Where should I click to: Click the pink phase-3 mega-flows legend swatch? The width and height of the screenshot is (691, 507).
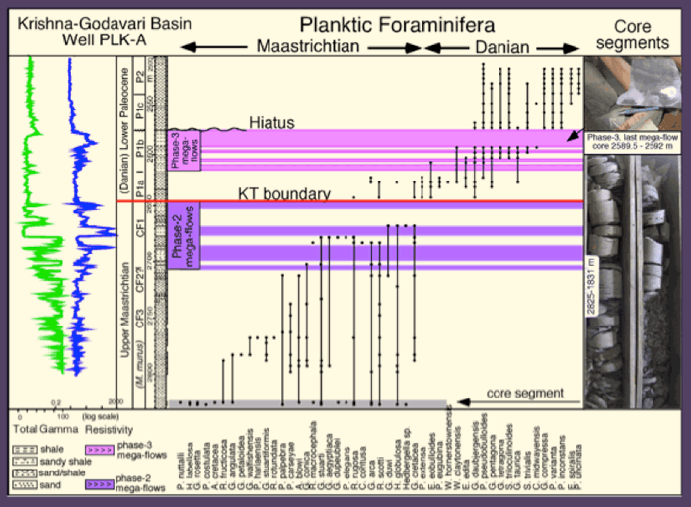pyautogui.click(x=99, y=448)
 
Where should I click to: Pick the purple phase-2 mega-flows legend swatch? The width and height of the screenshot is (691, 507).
pyautogui.click(x=99, y=485)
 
